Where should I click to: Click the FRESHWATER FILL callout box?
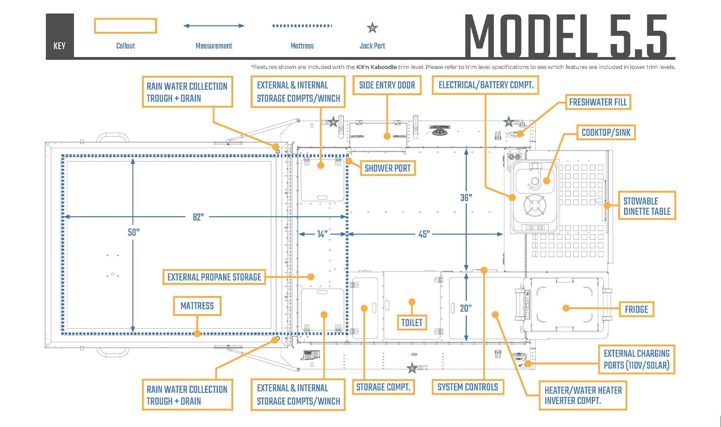click(x=598, y=102)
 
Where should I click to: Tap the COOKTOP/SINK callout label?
click(x=606, y=132)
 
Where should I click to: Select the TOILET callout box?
click(x=412, y=322)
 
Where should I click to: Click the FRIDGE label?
click(x=636, y=309)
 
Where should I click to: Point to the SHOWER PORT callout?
click(x=388, y=168)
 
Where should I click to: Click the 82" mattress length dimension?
click(x=198, y=217)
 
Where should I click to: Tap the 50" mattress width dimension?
click(x=133, y=232)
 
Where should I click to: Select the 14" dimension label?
click(x=322, y=234)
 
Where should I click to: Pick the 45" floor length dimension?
click(x=424, y=234)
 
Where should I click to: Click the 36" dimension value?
click(x=466, y=197)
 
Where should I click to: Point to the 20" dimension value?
click(x=466, y=308)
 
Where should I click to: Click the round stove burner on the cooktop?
click(x=535, y=206)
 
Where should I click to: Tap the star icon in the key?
click(x=372, y=27)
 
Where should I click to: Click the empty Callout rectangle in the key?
click(x=125, y=26)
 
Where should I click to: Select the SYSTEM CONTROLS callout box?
click(x=468, y=387)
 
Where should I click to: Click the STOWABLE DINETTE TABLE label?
click(x=647, y=206)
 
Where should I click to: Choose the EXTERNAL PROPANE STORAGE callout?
click(x=214, y=277)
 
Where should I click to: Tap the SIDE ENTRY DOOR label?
click(x=387, y=85)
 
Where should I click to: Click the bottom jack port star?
click(x=412, y=368)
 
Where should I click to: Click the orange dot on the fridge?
click(x=566, y=308)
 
